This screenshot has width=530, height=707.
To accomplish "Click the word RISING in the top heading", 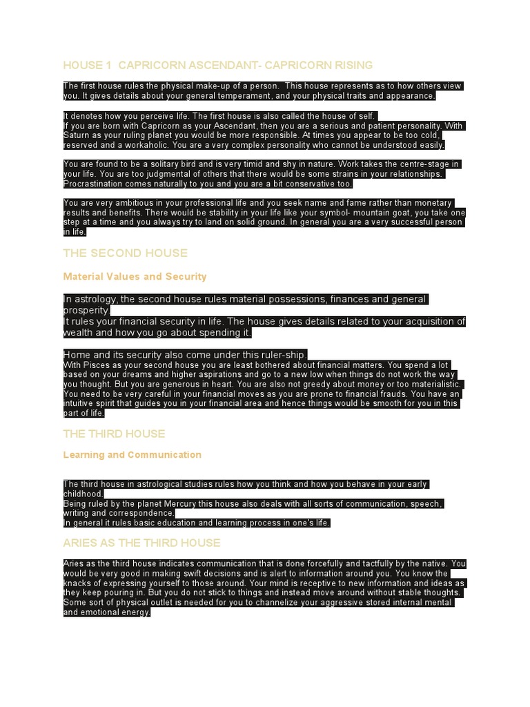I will [353, 65].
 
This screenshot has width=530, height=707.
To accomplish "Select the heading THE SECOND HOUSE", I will [125, 253].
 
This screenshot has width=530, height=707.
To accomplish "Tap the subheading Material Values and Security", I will [135, 276].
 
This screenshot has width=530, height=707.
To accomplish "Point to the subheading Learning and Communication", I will [132, 454].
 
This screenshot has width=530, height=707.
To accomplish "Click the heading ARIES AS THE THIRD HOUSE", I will [141, 543].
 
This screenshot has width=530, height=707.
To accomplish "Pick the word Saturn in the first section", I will [79, 136].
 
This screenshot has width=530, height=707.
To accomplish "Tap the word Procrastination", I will [97, 184].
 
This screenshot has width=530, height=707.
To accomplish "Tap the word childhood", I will [83, 494].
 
